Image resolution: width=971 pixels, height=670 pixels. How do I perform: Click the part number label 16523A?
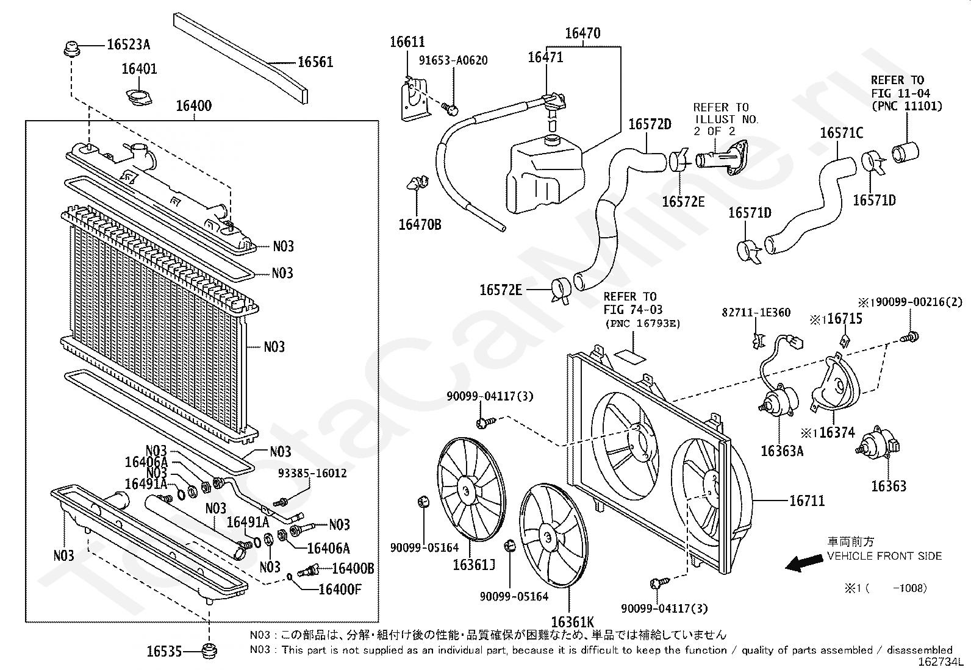(x=128, y=45)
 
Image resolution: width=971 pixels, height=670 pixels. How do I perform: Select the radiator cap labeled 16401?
(x=138, y=98)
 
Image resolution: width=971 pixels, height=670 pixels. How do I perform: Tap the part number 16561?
(x=315, y=62)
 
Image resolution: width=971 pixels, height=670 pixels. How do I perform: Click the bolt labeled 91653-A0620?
(x=450, y=109)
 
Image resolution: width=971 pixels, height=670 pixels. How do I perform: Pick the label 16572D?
(x=650, y=124)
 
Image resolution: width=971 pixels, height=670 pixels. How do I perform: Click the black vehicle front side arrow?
(x=804, y=563)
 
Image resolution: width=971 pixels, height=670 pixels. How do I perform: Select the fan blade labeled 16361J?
(x=471, y=490)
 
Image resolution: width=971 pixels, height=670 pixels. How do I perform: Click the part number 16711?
(x=807, y=501)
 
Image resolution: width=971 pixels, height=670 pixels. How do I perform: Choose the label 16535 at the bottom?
(x=164, y=651)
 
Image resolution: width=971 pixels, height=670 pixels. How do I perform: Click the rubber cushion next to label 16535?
(x=210, y=651)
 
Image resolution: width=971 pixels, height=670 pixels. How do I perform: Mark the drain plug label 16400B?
(x=353, y=568)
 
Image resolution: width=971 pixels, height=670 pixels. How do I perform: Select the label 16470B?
(x=420, y=224)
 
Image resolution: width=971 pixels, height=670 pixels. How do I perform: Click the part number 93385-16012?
(x=312, y=473)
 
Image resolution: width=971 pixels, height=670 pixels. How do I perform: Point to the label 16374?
(x=837, y=432)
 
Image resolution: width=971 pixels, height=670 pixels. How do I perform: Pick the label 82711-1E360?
(x=756, y=313)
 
